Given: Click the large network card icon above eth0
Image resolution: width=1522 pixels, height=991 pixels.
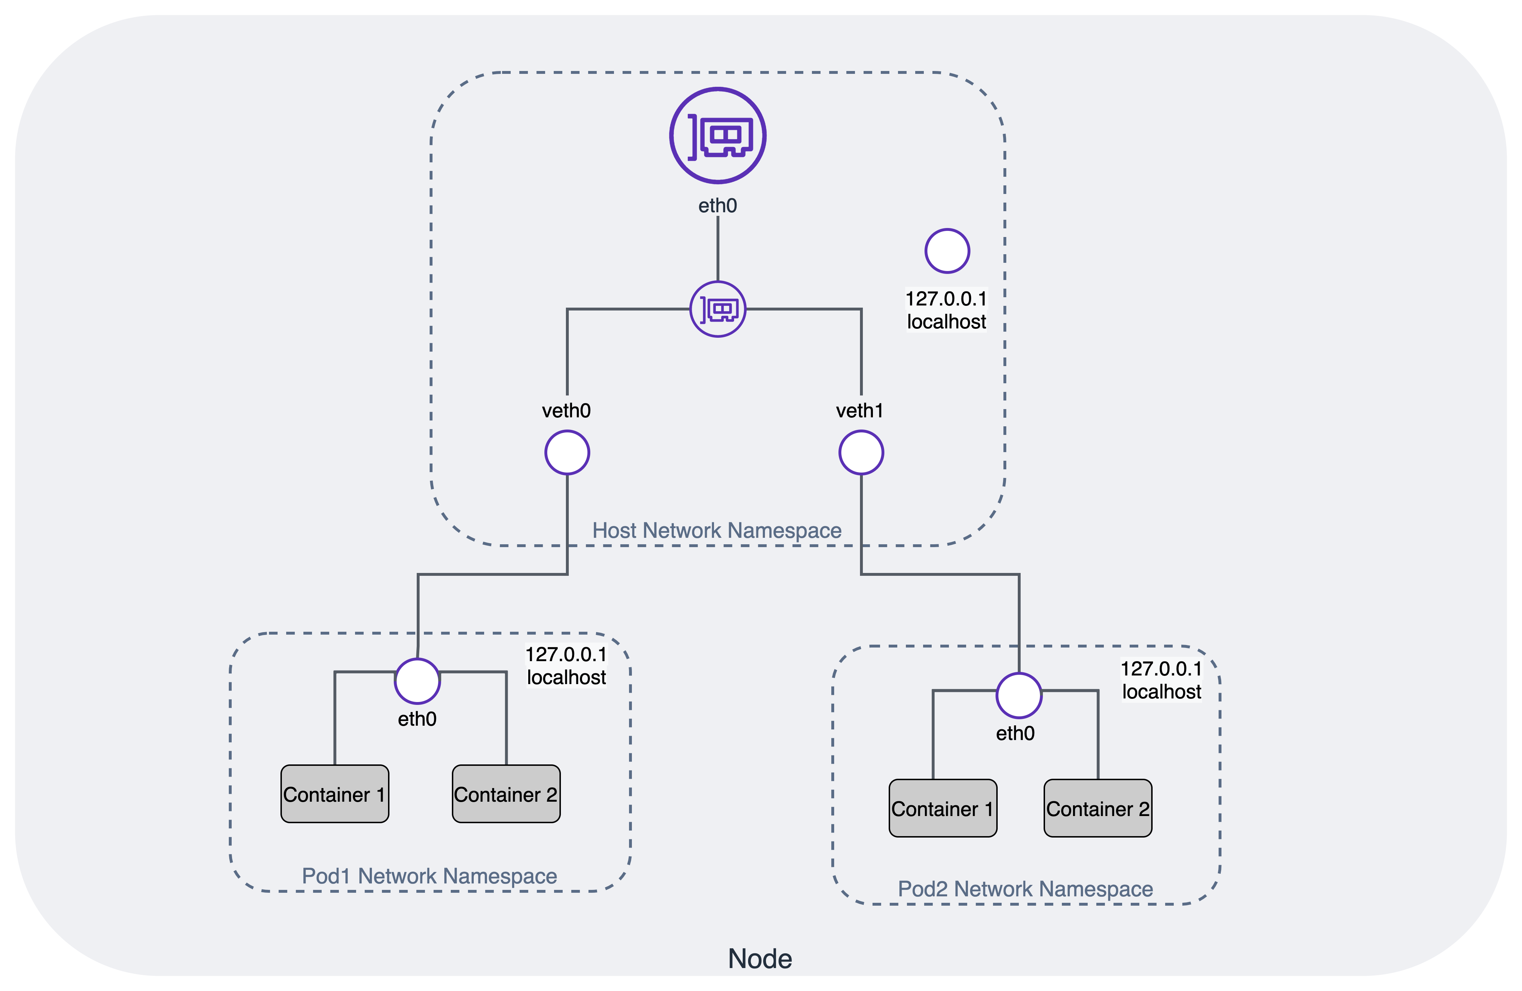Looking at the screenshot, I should (718, 136).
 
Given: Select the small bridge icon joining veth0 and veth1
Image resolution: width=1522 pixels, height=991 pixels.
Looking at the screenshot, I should (718, 309).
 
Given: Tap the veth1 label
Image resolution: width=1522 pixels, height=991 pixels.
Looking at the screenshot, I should (860, 411).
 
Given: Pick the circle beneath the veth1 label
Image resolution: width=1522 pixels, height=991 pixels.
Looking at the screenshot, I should (861, 453).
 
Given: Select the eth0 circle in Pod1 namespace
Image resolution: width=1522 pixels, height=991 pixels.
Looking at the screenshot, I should (417, 681).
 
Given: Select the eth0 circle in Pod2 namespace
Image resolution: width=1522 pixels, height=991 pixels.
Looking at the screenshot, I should (1019, 695).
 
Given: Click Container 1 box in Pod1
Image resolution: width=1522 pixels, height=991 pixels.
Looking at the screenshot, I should (335, 794).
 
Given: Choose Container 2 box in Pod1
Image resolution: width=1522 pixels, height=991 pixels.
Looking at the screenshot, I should (506, 794).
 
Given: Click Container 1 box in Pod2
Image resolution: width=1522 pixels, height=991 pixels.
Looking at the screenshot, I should (942, 809).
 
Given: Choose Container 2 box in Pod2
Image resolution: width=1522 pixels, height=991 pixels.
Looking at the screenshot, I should (1097, 809).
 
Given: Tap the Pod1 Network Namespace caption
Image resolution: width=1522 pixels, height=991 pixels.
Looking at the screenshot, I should (429, 876).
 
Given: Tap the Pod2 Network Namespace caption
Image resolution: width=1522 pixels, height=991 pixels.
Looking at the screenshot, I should (1025, 889).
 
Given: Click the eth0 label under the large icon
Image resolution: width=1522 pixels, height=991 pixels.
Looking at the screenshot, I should (718, 206).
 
